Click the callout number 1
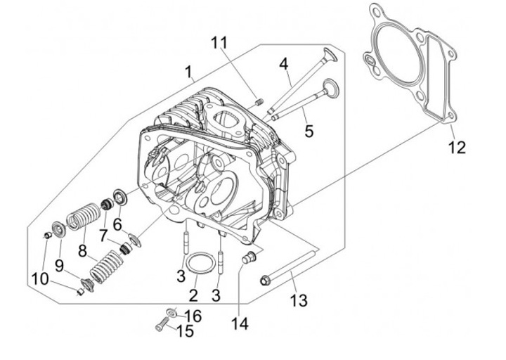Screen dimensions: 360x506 point(188,72)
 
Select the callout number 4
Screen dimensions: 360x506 point(283,64)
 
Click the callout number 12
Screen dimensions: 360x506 point(458,147)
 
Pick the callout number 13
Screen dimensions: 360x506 point(299,301)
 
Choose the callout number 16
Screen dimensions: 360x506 point(193,316)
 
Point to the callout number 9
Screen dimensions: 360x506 point(59,265)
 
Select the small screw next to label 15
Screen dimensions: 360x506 point(160,326)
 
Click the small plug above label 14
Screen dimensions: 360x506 point(246,258)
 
